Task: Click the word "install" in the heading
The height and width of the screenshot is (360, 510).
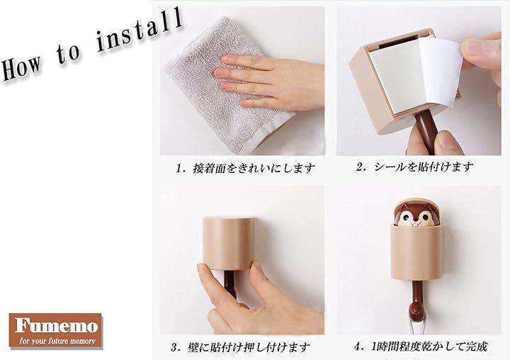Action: click(140, 30)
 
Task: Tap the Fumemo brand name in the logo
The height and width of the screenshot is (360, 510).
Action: click(56, 326)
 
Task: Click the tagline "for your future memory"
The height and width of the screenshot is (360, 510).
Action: click(57, 341)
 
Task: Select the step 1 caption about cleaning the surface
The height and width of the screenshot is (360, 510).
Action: click(246, 168)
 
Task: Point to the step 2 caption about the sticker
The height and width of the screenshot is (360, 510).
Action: click(414, 167)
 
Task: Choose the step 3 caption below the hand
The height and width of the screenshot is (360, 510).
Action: click(240, 347)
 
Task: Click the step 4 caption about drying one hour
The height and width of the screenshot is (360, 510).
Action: click(421, 347)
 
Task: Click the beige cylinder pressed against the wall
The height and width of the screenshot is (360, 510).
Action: click(227, 242)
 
